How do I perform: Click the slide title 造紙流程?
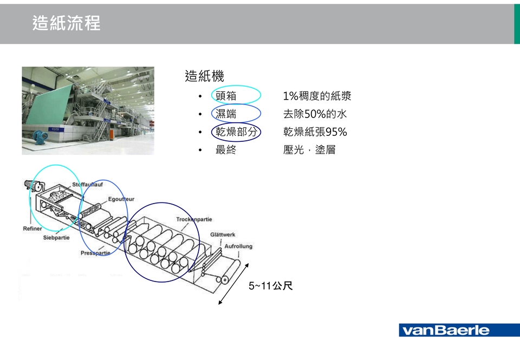pyautogui.click(x=66, y=23)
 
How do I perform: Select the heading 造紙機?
pyautogui.click(x=204, y=76)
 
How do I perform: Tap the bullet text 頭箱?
pyautogui.click(x=226, y=96)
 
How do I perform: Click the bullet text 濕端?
pyautogui.click(x=226, y=114)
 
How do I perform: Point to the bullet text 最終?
pyautogui.click(x=226, y=150)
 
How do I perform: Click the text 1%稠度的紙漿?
pyautogui.click(x=317, y=96)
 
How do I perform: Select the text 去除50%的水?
pyautogui.click(x=315, y=114)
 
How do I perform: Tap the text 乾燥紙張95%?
pyautogui.click(x=315, y=132)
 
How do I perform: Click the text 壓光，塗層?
pyautogui.click(x=309, y=150)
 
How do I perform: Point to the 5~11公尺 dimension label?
pyautogui.click(x=270, y=286)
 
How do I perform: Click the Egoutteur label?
pyautogui.click(x=121, y=199)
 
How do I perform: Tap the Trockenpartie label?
pyautogui.click(x=194, y=219)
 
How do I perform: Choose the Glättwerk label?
pyautogui.click(x=223, y=234)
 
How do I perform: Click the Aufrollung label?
pyautogui.click(x=238, y=246)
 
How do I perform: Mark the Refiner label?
pyautogui.click(x=32, y=228)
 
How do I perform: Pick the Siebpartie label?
pyautogui.click(x=56, y=238)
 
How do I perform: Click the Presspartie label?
pyautogui.click(x=95, y=253)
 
